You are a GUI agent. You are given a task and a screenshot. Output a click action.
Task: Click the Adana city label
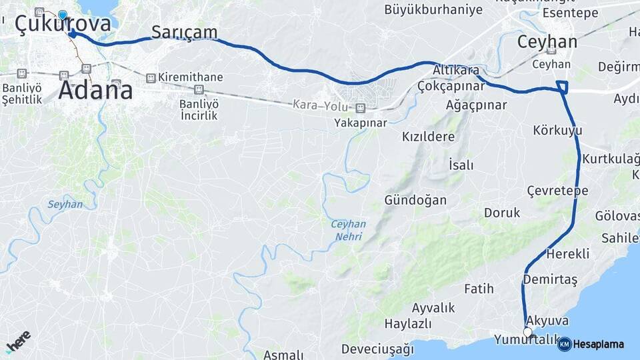click(x=95, y=89)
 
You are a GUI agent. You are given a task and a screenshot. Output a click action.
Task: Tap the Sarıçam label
click(x=185, y=31)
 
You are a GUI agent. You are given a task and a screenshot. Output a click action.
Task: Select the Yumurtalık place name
click(x=527, y=341)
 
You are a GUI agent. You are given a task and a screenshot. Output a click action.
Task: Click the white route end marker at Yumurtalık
click(x=528, y=331)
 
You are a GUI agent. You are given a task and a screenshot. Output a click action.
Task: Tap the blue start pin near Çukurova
click(x=63, y=15)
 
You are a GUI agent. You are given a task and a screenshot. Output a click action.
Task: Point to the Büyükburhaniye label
click(x=433, y=9)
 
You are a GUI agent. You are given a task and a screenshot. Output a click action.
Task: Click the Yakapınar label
click(x=361, y=123)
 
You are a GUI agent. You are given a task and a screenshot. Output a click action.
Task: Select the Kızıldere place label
click(x=428, y=137)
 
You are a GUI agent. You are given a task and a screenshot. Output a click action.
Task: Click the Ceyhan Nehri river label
click(x=349, y=230)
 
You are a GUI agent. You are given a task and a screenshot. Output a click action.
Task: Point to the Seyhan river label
click(x=65, y=204)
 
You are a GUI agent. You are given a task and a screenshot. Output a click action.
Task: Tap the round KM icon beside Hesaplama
click(x=565, y=344)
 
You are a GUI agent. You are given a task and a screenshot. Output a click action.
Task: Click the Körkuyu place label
click(x=558, y=130)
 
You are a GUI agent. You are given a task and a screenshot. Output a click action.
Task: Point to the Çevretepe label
click(x=557, y=191)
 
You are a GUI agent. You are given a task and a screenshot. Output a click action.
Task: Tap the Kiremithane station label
click(x=190, y=77)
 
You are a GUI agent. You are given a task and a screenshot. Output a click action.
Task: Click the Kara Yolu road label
click(x=321, y=105)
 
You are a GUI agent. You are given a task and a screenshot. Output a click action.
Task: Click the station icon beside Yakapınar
click(x=361, y=108)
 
